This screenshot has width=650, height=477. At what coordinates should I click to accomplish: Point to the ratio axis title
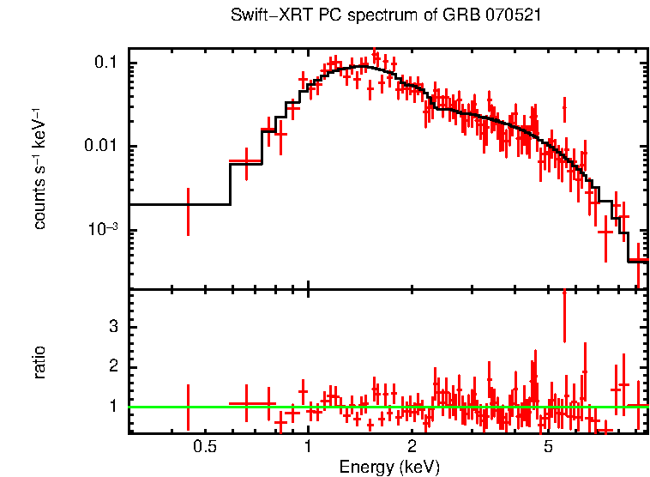pyautogui.click(x=39, y=361)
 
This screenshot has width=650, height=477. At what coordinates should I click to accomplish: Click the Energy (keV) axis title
pyautogui.click(x=389, y=467)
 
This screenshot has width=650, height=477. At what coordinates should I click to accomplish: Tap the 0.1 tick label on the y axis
pyautogui.click(x=105, y=63)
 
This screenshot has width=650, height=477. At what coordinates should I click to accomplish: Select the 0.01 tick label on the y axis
pyautogui.click(x=101, y=147)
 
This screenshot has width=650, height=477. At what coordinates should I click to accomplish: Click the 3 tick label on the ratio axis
pyautogui.click(x=112, y=327)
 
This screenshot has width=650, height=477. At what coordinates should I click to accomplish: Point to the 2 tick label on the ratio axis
pyautogui.click(x=112, y=367)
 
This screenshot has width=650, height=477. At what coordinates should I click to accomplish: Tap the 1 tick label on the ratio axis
pyautogui.click(x=112, y=407)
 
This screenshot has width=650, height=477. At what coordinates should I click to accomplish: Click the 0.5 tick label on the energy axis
pyautogui.click(x=203, y=446)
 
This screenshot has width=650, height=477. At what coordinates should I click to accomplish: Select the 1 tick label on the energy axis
pyautogui.click(x=308, y=446)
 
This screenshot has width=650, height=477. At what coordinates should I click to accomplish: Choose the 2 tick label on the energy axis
pyautogui.click(x=412, y=446)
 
